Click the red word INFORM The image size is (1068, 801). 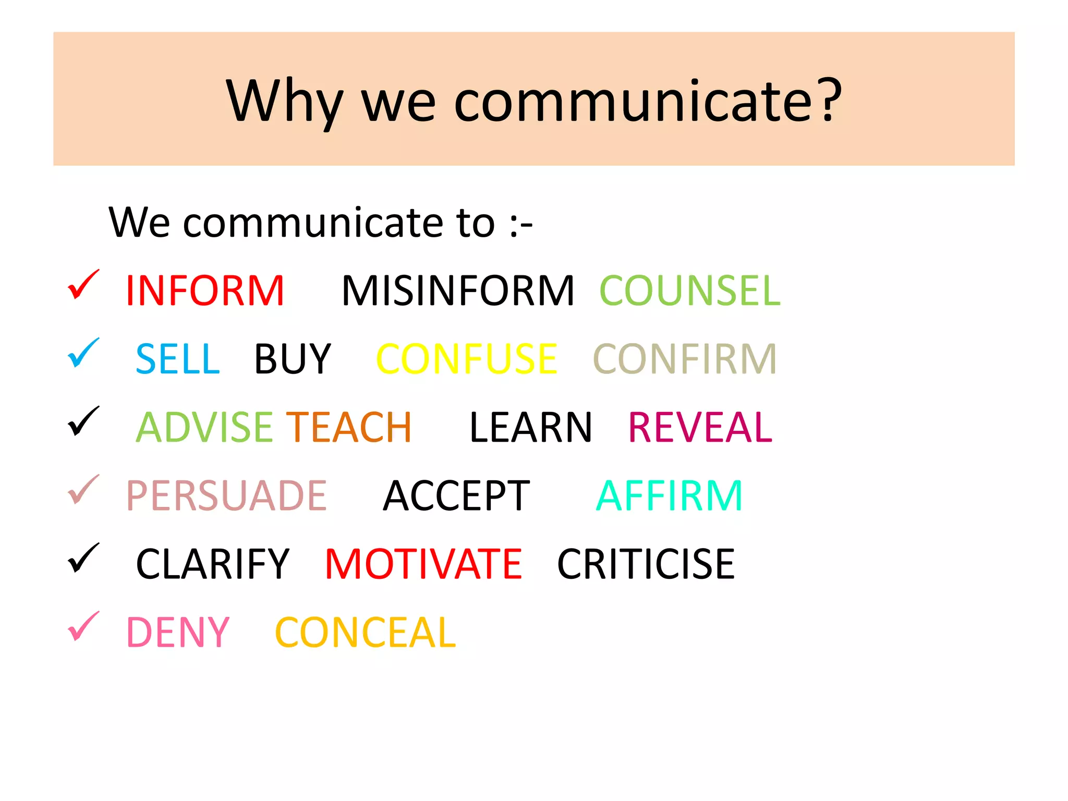[205, 291]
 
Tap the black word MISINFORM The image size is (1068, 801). [457, 291]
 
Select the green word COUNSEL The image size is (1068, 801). [689, 291]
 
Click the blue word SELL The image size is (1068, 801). [177, 359]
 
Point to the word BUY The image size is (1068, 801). [293, 359]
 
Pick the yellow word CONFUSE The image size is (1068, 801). [466, 359]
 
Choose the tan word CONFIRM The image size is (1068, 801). [685, 359]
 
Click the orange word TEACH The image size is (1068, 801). [349, 428]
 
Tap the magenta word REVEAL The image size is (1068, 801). [700, 428]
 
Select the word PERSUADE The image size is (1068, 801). [226, 496]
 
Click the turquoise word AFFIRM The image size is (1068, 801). [669, 496]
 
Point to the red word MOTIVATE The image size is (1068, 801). [423, 564]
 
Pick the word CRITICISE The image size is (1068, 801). [646, 564]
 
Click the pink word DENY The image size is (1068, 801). [178, 633]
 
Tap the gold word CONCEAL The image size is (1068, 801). [365, 633]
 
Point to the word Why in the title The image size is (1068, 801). [284, 102]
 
